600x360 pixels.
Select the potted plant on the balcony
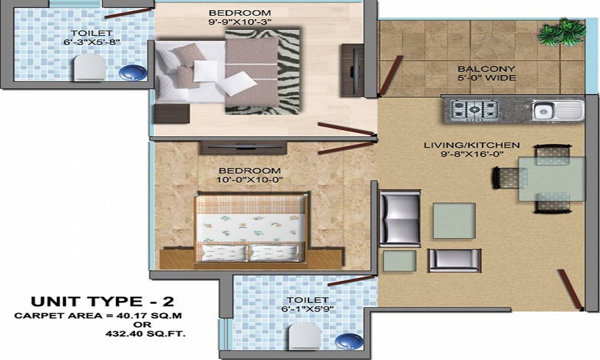561,30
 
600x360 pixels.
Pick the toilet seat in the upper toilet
89,68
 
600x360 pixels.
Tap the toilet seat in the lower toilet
304,338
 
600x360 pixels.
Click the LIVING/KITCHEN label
472,145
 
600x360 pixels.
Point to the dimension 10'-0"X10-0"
249,179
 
